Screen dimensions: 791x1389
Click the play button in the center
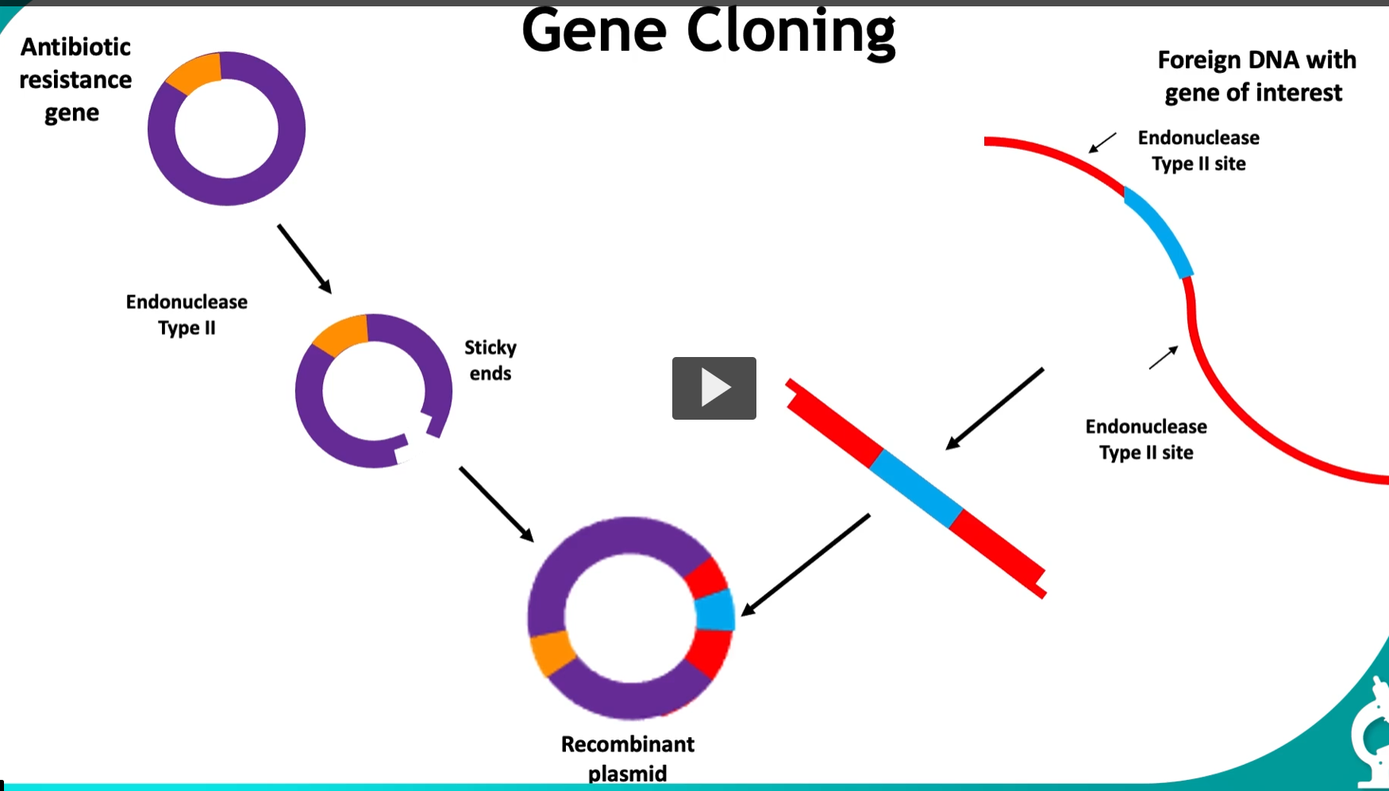pyautogui.click(x=714, y=388)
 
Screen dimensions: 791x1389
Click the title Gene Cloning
pyautogui.click(x=708, y=32)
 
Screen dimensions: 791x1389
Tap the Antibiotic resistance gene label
pyautogui.click(x=75, y=79)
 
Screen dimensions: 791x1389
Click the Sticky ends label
pyautogui.click(x=490, y=360)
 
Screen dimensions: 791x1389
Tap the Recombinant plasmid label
pyautogui.click(x=627, y=758)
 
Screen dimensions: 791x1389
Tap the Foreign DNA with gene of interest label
pyautogui.click(x=1256, y=76)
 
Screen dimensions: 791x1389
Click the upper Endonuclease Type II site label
pyautogui.click(x=1199, y=151)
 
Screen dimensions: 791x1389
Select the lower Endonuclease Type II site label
pyautogui.click(x=1145, y=440)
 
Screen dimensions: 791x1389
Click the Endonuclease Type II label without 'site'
pyautogui.click(x=187, y=315)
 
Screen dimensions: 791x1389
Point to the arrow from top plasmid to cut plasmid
pyautogui.click(x=304, y=259)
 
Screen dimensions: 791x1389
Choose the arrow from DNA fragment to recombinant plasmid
pyautogui.click(x=805, y=565)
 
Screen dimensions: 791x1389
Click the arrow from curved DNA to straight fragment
pyautogui.click(x=995, y=409)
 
